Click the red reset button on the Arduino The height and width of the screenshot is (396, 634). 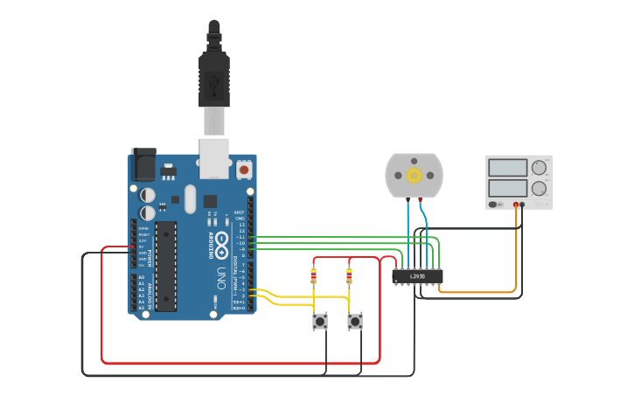click(243, 169)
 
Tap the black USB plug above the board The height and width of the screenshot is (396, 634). click(213, 74)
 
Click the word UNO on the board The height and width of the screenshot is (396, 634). click(222, 278)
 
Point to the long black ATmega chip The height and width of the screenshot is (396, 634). click(166, 266)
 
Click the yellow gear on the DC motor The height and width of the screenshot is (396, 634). click(415, 176)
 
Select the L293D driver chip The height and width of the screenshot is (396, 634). click(417, 276)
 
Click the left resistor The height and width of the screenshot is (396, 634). click(314, 276)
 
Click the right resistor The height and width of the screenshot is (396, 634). click(350, 276)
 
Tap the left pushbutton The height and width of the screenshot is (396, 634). click(320, 322)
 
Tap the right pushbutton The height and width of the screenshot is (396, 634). click(355, 322)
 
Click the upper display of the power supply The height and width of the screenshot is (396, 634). click(507, 167)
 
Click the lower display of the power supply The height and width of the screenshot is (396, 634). click(507, 188)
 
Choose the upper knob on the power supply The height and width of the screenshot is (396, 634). click(539, 167)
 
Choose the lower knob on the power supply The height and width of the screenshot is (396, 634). click(539, 188)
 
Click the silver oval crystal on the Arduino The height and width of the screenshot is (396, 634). click(190, 195)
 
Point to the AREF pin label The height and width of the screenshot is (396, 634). click(239, 212)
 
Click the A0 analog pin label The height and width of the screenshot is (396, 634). click(141, 277)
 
